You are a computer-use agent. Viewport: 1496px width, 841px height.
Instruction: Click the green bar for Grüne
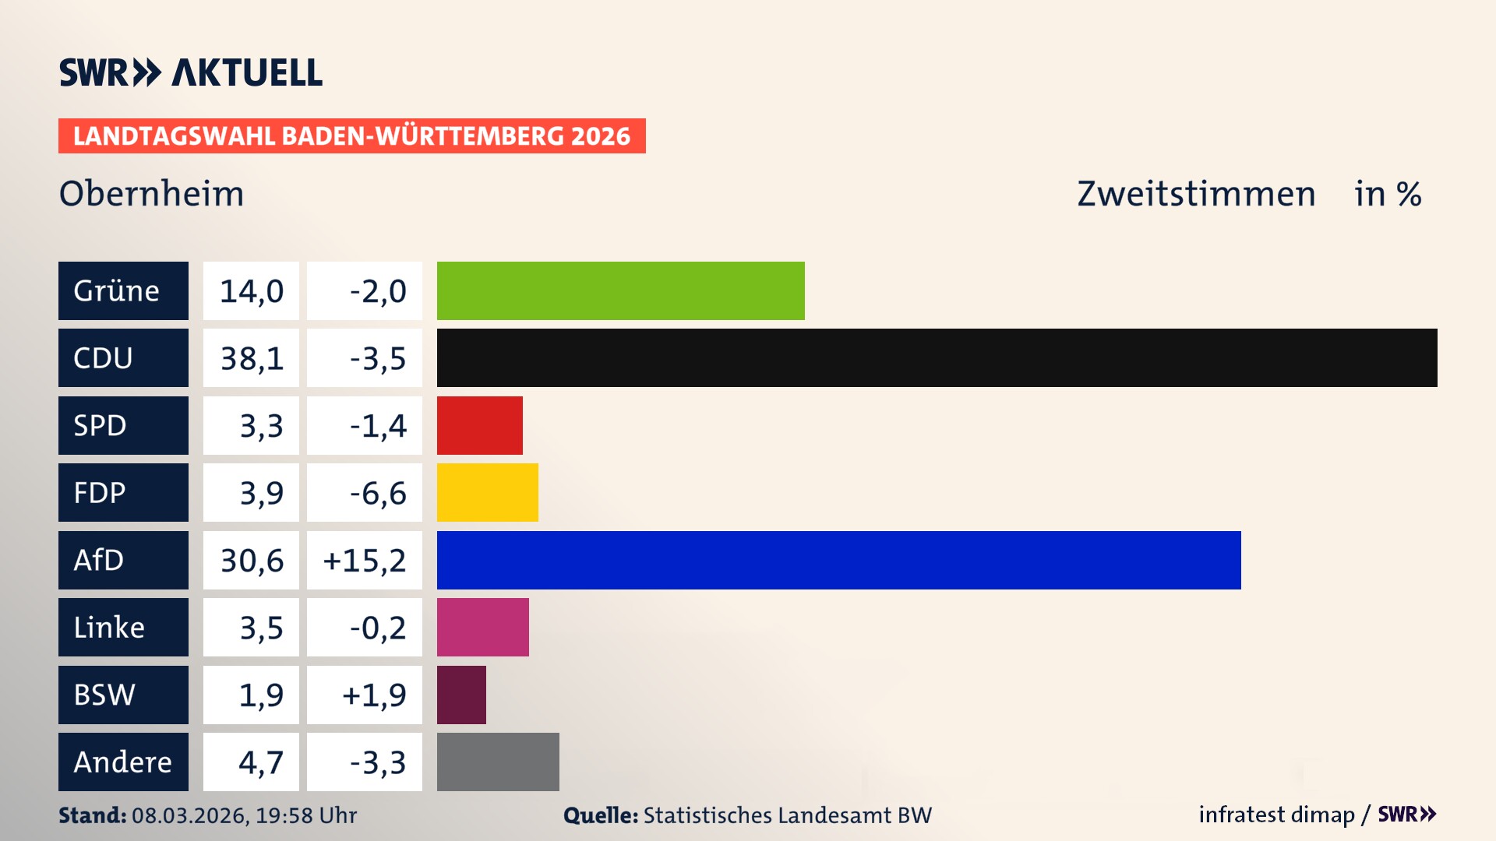coord(620,290)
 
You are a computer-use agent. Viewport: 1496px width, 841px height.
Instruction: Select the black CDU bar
coord(937,358)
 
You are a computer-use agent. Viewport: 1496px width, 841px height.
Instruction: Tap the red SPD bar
coord(479,425)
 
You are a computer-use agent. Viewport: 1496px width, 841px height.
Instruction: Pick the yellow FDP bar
coord(487,492)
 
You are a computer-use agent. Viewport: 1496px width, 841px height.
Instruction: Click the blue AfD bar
coord(838,560)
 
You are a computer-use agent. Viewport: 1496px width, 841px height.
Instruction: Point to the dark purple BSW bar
coord(461,695)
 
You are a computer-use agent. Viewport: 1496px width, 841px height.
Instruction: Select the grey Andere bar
coord(498,762)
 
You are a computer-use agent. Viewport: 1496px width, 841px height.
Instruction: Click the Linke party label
coord(123,627)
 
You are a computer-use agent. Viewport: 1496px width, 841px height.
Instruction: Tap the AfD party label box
coord(123,560)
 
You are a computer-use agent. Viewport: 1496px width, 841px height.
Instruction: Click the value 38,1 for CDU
coord(251,358)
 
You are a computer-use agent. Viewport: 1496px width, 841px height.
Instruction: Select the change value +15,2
coord(365,560)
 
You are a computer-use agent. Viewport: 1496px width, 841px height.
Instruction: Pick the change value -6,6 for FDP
coord(377,492)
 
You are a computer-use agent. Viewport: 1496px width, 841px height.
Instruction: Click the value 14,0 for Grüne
coord(251,290)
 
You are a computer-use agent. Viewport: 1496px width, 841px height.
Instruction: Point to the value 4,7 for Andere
coord(260,762)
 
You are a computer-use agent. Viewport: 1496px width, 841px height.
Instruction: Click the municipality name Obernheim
coord(152,193)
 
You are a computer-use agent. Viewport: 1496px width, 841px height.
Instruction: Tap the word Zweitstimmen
coord(1196,193)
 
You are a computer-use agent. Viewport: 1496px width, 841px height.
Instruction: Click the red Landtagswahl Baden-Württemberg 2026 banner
coord(351,135)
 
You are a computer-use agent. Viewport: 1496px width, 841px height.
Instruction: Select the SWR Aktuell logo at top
coord(191,72)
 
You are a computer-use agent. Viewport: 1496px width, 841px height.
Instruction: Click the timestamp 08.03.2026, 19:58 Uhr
coord(244,815)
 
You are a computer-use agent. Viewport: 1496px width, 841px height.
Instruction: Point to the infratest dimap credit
coord(1276,815)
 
